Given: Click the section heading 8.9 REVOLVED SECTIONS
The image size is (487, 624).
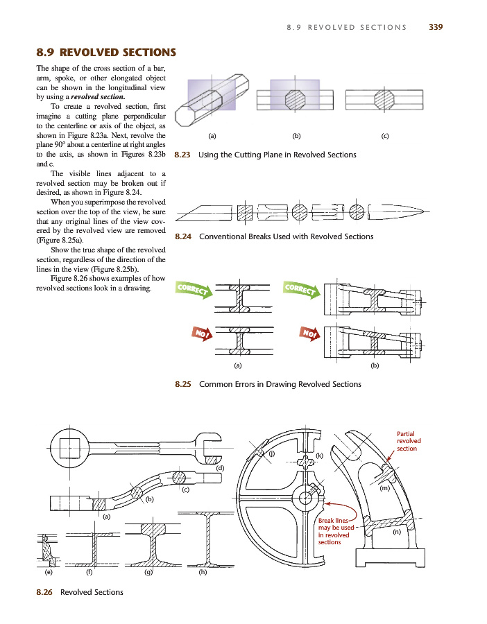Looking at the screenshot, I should (105, 53).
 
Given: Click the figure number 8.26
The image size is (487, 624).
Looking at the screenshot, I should (45, 592).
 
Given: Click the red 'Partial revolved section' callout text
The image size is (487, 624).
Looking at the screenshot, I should (408, 440).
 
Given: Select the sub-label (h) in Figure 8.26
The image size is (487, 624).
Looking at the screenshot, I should (203, 573).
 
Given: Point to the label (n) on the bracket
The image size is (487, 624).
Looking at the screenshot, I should (397, 532).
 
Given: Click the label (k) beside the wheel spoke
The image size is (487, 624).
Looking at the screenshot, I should (320, 456).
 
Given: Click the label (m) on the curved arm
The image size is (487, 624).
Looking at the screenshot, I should (384, 489).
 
